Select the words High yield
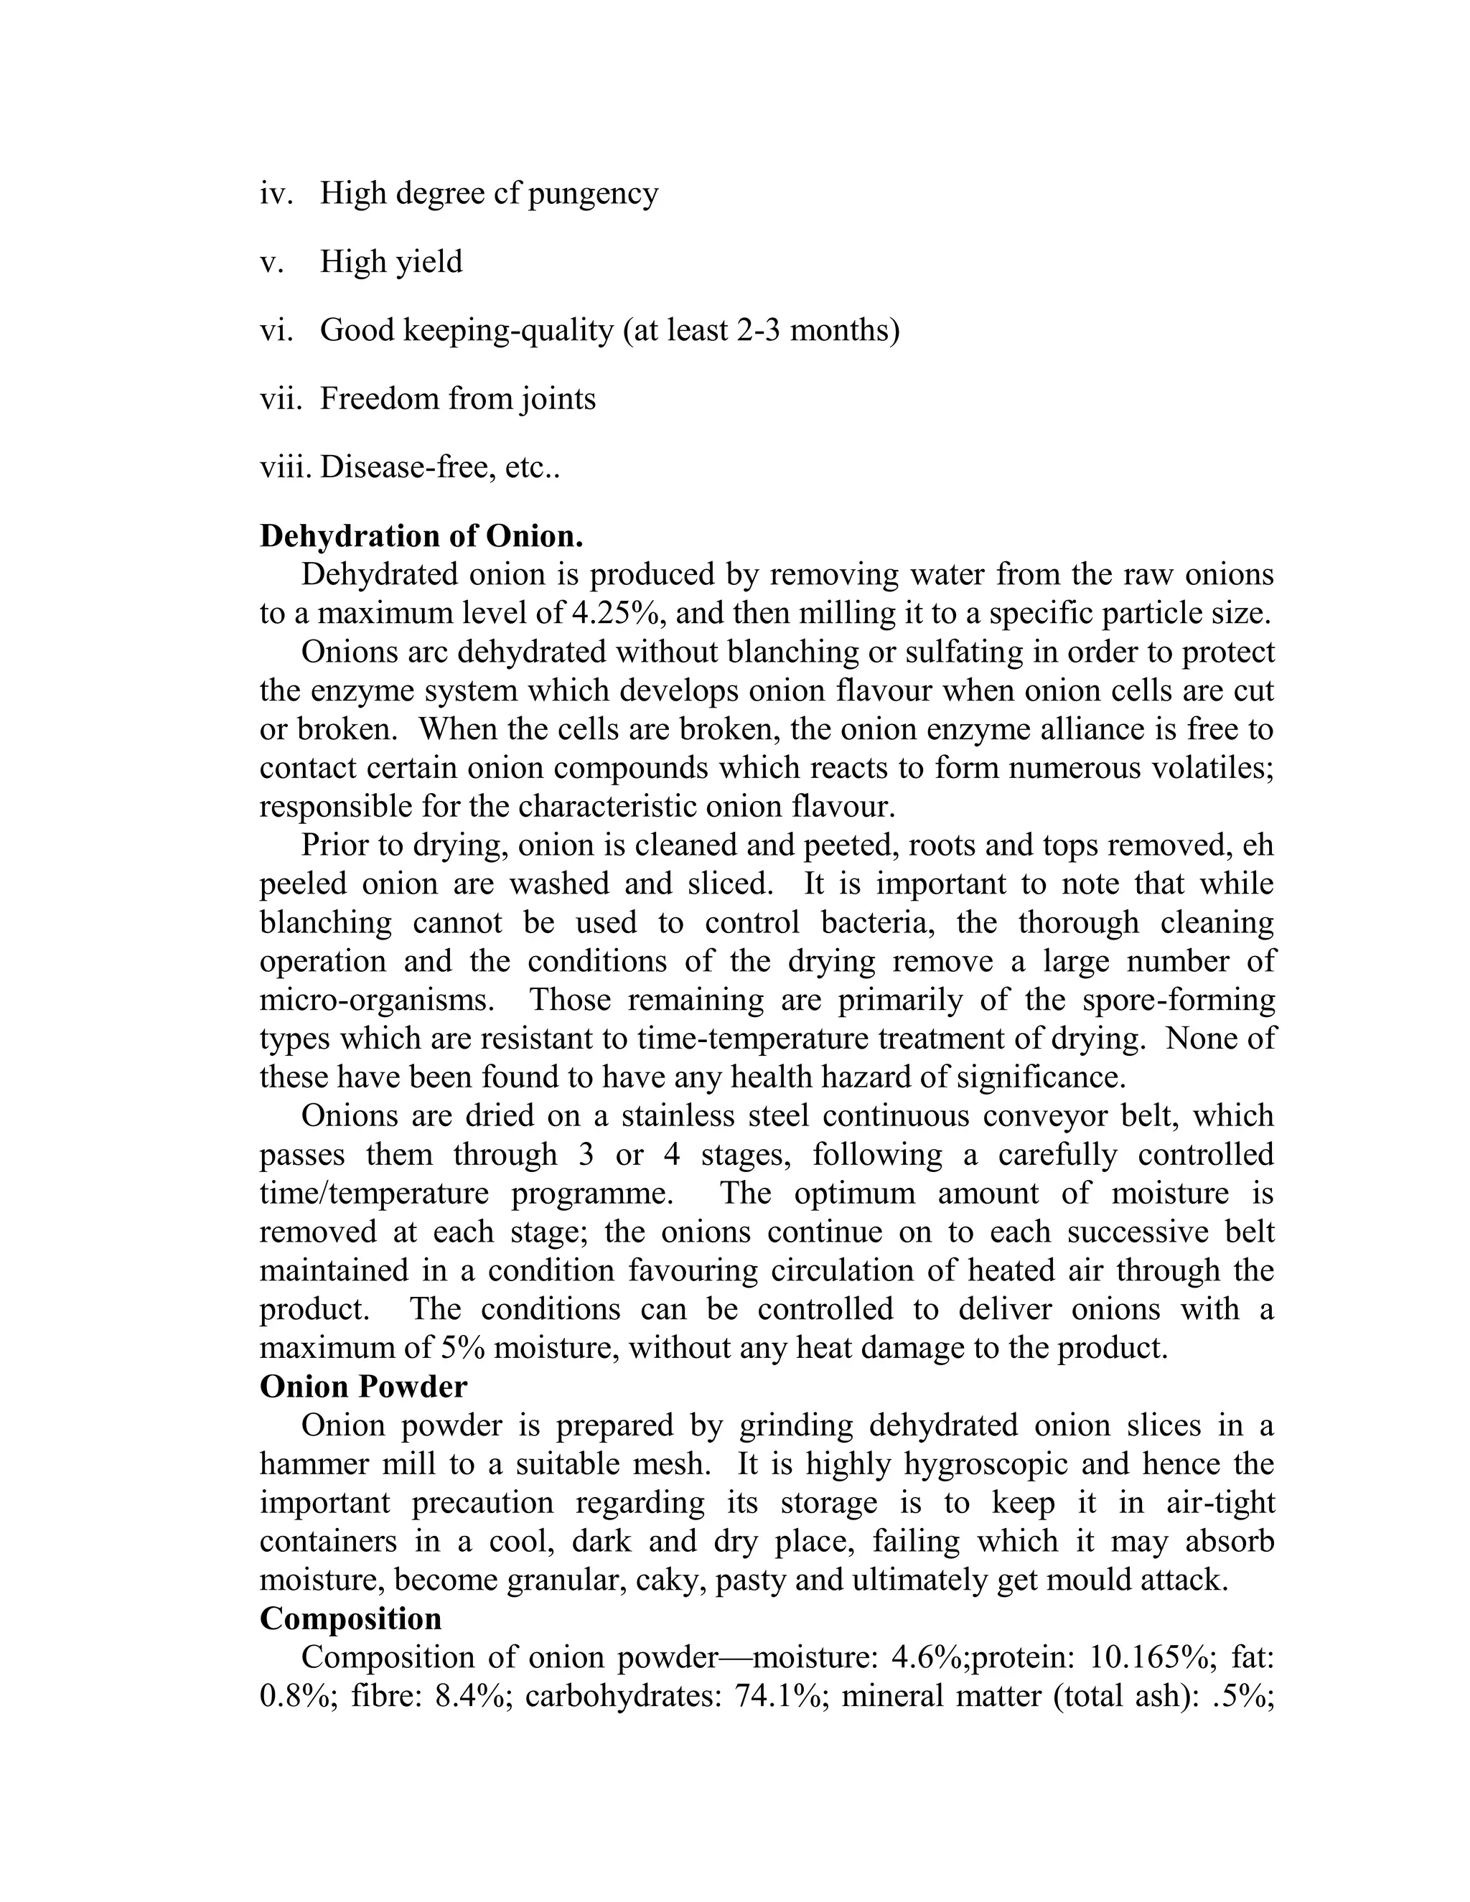(391, 262)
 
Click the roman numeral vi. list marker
(277, 331)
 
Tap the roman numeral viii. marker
(286, 469)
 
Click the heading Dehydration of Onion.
(421, 536)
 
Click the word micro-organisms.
(377, 1000)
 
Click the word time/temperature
(375, 1193)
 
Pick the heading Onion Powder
(363, 1387)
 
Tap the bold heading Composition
(350, 1618)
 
